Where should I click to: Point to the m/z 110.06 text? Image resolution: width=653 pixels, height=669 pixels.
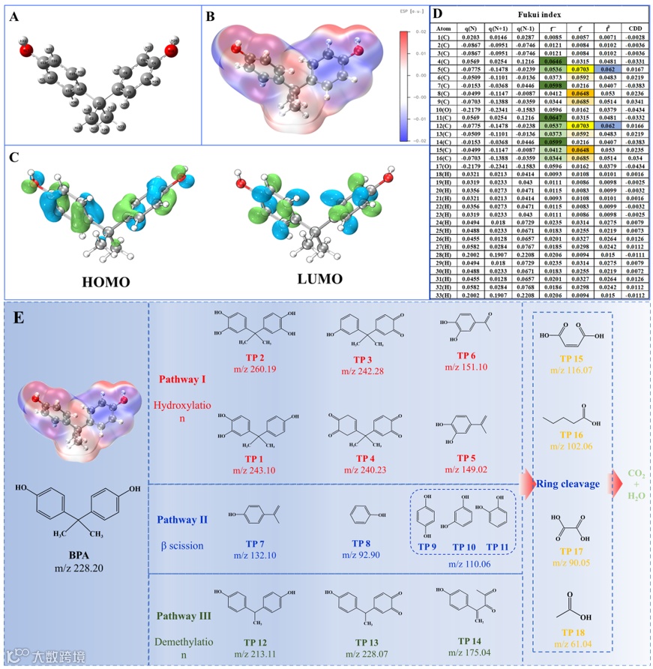point(463,562)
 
